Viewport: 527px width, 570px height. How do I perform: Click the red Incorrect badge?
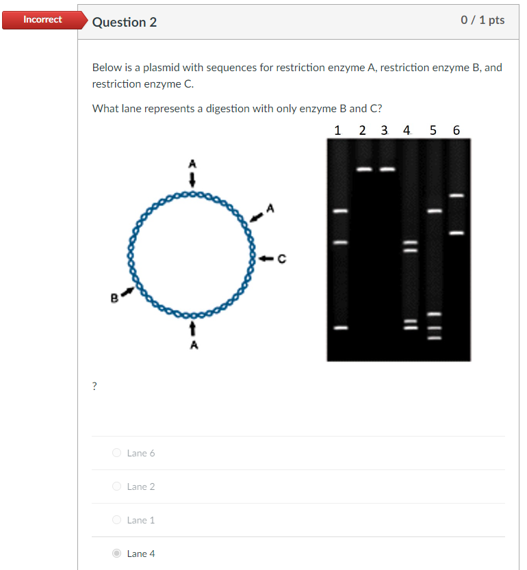pos(42,20)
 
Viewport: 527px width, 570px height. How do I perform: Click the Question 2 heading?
pos(124,22)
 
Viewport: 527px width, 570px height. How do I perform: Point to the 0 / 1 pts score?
pos(483,21)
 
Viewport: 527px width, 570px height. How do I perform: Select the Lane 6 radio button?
pos(117,453)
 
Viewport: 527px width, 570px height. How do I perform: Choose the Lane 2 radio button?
pos(117,487)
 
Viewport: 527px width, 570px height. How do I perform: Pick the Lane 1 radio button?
pos(117,520)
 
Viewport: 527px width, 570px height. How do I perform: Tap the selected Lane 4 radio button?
pos(117,554)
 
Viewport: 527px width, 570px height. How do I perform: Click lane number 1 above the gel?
pos(337,130)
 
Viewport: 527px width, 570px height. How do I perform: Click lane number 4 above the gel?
pos(407,130)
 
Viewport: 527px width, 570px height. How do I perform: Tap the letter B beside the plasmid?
pos(114,298)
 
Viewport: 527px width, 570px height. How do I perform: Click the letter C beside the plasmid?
pos(281,259)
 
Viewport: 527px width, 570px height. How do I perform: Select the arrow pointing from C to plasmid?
pos(267,259)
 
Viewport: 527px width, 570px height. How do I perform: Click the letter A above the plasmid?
pos(192,164)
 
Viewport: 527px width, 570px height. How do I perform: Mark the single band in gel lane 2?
pos(364,169)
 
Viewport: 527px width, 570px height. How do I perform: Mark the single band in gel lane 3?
pos(387,169)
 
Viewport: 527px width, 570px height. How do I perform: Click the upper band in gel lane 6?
pos(457,196)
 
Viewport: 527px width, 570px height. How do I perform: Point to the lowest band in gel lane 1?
pos(340,328)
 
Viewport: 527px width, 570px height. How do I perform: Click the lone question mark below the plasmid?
pos(94,387)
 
